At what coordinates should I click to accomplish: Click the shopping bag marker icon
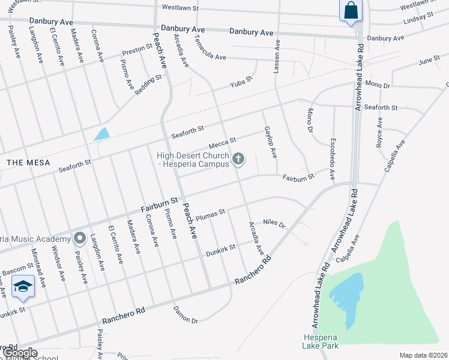(x=349, y=11)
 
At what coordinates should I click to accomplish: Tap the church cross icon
(x=238, y=159)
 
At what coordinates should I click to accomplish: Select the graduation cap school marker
(x=23, y=287)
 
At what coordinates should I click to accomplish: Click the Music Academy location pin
(x=79, y=238)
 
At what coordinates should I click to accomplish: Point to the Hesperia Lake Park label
(x=321, y=341)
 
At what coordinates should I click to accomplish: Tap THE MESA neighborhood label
(x=28, y=163)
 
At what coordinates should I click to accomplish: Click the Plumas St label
(x=210, y=213)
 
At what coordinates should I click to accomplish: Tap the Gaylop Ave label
(x=270, y=142)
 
